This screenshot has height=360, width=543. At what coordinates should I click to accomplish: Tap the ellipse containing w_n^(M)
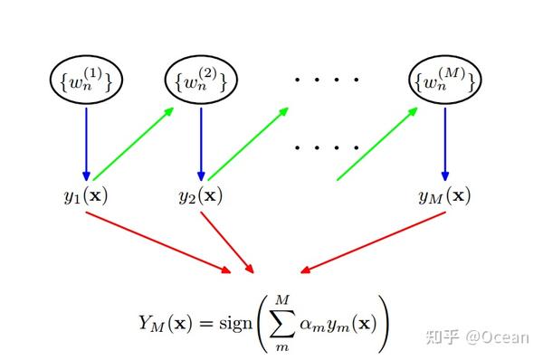pyautogui.click(x=443, y=82)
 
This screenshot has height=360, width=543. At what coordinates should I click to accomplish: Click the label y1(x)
pyautogui.click(x=86, y=194)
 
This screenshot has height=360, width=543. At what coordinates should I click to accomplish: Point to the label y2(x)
pyautogui.click(x=201, y=194)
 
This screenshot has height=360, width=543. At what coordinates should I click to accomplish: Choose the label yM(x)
pyautogui.click(x=444, y=194)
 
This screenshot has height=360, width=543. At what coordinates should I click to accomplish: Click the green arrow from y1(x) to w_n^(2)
pyautogui.click(x=134, y=143)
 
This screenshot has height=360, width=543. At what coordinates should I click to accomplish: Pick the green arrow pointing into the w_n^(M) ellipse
pyautogui.click(x=377, y=143)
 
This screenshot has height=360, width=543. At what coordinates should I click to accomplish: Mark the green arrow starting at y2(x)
pyautogui.click(x=249, y=143)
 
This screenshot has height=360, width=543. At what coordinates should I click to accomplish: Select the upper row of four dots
pyautogui.click(x=327, y=81)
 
